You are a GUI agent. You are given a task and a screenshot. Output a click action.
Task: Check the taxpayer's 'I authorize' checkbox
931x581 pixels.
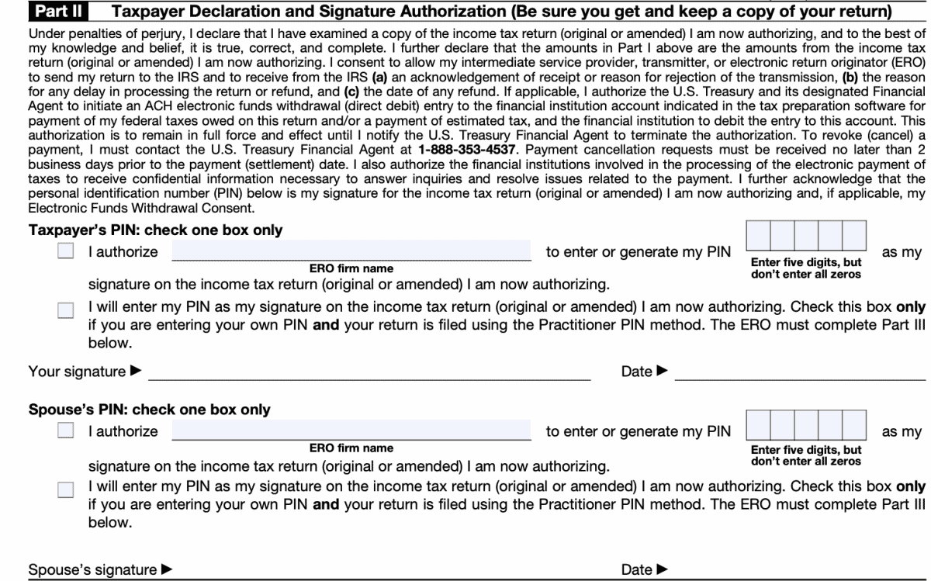tap(66, 252)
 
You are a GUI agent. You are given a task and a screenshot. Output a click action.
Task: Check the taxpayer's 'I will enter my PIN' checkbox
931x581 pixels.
tap(66, 310)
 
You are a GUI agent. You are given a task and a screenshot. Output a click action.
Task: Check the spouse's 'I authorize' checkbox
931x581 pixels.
tap(66, 431)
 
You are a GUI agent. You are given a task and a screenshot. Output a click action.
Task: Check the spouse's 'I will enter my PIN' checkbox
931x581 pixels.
tap(66, 489)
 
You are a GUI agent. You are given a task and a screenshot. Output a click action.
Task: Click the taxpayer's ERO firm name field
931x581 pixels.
tap(351, 251)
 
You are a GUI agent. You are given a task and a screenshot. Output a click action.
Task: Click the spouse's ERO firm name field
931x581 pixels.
tap(351, 431)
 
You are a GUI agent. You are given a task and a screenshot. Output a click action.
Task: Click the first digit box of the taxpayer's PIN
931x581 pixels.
tap(760, 237)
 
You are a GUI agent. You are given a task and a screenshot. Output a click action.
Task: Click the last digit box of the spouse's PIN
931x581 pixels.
tap(853, 426)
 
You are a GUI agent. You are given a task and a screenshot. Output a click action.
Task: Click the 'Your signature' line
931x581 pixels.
tap(369, 372)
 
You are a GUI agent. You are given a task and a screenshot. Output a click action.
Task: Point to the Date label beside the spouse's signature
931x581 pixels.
tap(637, 570)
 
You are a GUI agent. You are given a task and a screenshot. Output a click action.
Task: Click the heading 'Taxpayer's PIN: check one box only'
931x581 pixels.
tap(155, 230)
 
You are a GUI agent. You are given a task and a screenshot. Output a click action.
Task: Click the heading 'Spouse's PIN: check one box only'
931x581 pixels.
tap(149, 410)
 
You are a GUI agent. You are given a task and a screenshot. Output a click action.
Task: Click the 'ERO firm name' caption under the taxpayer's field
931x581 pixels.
tap(351, 268)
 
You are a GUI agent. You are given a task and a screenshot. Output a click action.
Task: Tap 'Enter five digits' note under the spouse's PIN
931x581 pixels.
tap(805, 450)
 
